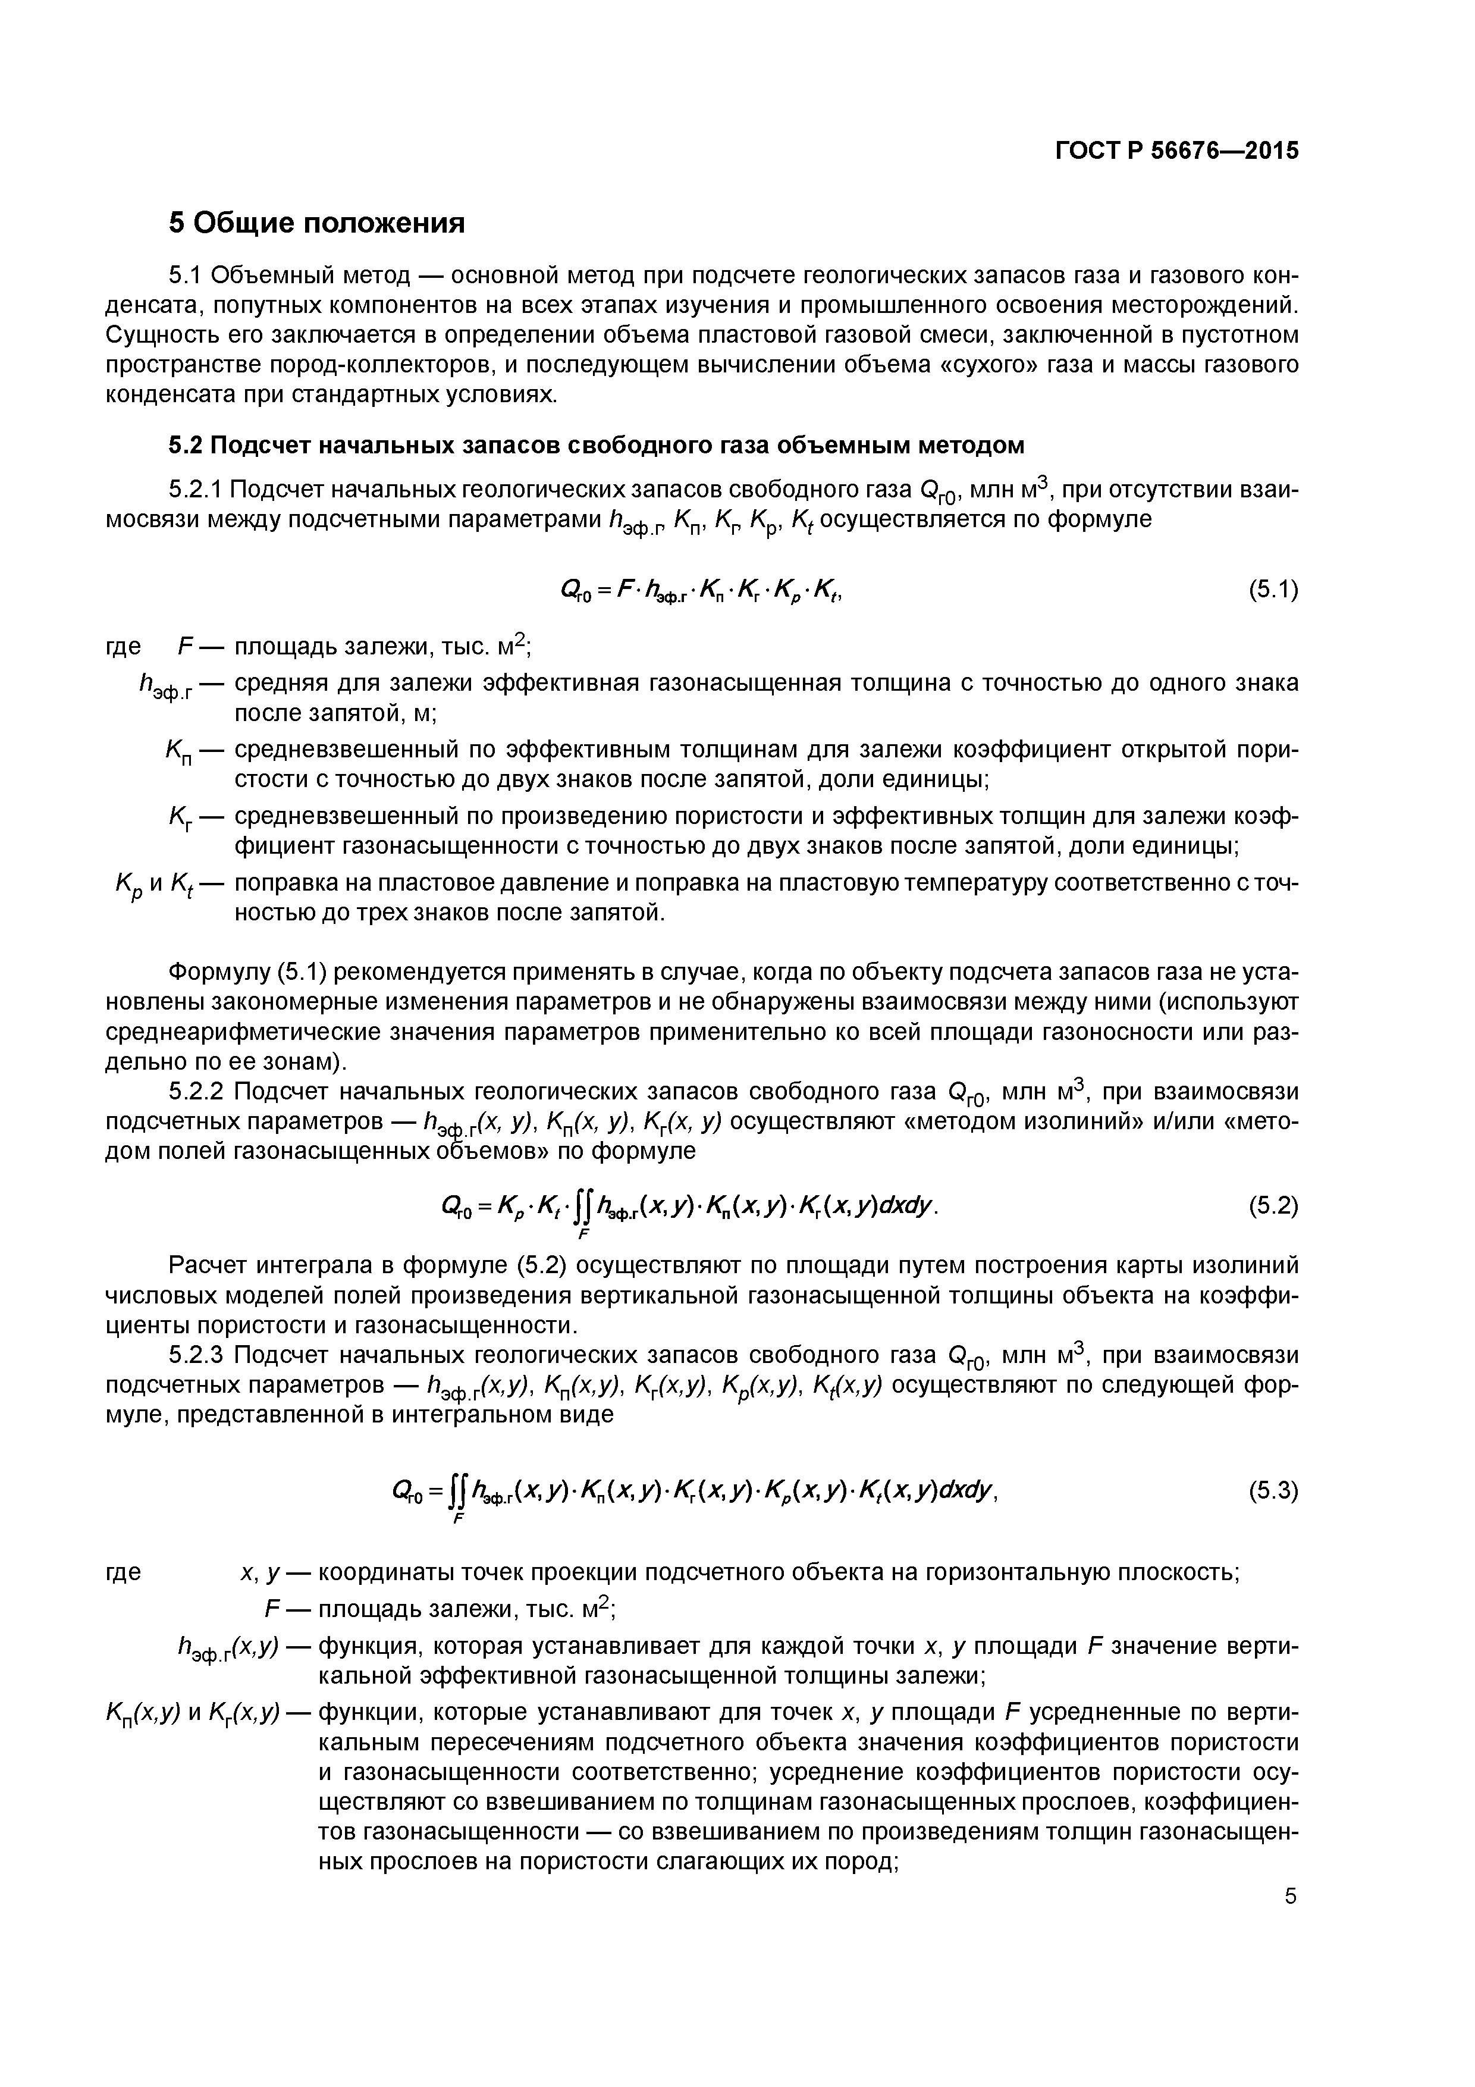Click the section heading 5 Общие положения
click(x=316, y=223)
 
